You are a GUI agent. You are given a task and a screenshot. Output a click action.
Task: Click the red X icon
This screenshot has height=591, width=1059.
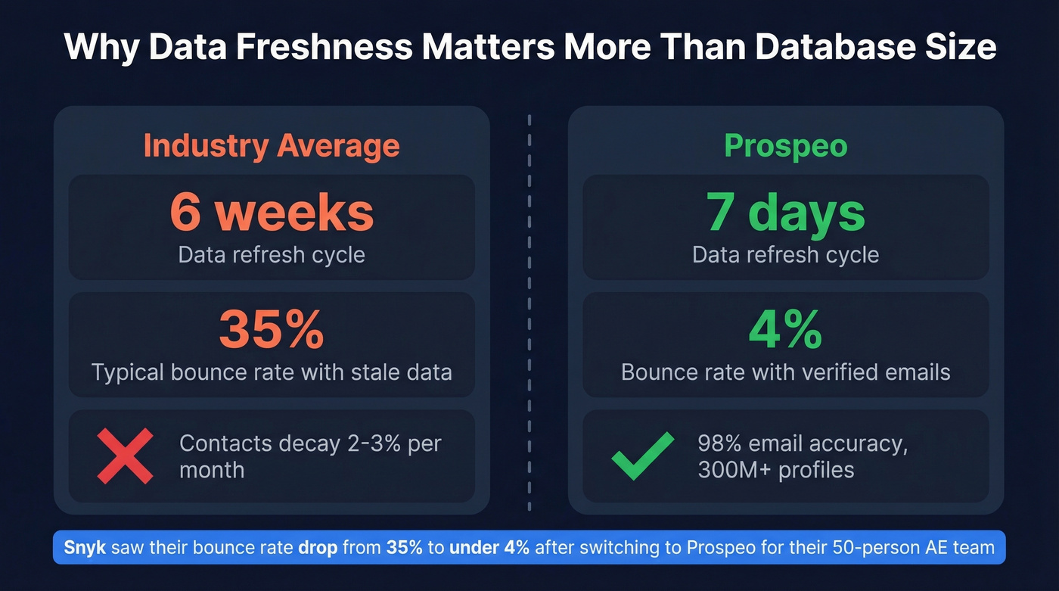(x=125, y=456)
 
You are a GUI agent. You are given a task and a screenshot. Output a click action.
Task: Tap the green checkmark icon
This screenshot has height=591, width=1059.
(x=642, y=456)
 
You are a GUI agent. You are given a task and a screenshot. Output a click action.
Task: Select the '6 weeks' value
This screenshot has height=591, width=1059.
(x=272, y=213)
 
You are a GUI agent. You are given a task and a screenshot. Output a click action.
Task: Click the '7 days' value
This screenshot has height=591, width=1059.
(x=785, y=213)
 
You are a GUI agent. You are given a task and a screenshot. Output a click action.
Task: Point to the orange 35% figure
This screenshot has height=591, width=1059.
(x=272, y=329)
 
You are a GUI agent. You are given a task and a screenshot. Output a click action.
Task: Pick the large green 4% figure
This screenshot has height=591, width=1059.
(x=785, y=329)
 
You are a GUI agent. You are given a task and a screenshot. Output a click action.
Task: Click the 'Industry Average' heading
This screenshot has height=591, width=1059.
(x=272, y=145)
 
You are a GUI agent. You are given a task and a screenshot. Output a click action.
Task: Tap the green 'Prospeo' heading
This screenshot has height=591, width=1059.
(x=785, y=145)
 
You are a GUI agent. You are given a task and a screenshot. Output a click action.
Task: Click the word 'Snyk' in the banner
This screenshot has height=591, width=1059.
(x=85, y=547)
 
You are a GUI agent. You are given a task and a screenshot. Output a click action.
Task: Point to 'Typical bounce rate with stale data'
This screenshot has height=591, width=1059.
(x=272, y=372)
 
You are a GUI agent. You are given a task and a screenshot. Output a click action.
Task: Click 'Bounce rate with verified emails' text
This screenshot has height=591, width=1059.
(x=785, y=372)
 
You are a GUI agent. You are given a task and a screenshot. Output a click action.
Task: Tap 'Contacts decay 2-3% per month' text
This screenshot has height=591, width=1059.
(x=309, y=456)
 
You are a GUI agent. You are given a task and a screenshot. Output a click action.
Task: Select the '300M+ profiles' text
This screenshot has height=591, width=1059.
(x=775, y=470)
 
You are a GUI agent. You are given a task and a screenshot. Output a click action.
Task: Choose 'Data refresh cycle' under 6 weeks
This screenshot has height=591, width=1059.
(x=272, y=254)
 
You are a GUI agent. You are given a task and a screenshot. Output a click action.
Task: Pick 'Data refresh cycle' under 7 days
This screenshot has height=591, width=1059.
(x=785, y=254)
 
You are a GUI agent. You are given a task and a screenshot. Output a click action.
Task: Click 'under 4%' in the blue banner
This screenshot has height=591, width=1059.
(x=489, y=547)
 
